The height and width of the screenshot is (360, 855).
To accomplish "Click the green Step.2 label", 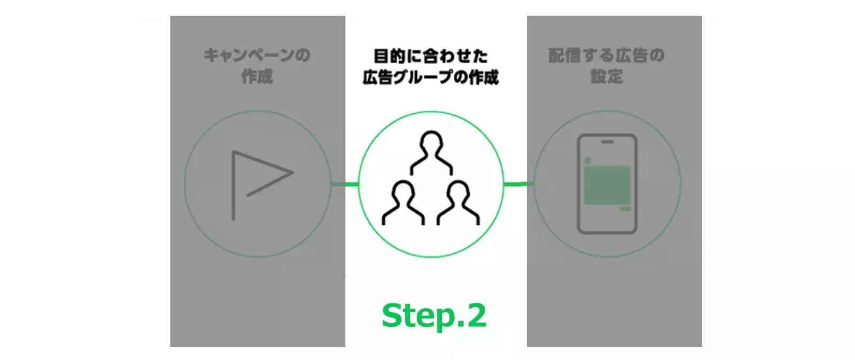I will point(433,316).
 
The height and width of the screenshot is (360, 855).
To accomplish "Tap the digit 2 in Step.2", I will point(473,316).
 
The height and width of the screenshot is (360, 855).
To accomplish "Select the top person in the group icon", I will point(431,153).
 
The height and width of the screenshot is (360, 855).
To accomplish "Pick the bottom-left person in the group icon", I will point(403,202).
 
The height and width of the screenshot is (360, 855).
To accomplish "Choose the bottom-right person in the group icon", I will point(458,202).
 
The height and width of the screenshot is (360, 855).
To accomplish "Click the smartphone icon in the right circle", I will point(607,184).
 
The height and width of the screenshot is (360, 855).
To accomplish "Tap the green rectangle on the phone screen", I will point(607,185).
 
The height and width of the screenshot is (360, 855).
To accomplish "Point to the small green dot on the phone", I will point(587,160).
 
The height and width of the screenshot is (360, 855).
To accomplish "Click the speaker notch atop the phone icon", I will point(607,142).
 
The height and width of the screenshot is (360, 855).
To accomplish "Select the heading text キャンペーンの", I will point(257,56).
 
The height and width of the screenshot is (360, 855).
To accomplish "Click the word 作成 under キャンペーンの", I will point(257,77).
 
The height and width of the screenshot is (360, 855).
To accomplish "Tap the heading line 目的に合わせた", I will point(431,56).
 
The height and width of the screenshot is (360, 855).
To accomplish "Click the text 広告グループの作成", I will point(431,77).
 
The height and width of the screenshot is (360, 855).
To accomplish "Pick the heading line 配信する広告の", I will point(607,56).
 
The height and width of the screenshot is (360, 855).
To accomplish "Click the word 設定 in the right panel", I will point(607,77).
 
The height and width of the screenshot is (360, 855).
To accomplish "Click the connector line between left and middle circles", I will point(345,185).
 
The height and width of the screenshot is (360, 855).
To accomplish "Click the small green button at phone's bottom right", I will point(625,209).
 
